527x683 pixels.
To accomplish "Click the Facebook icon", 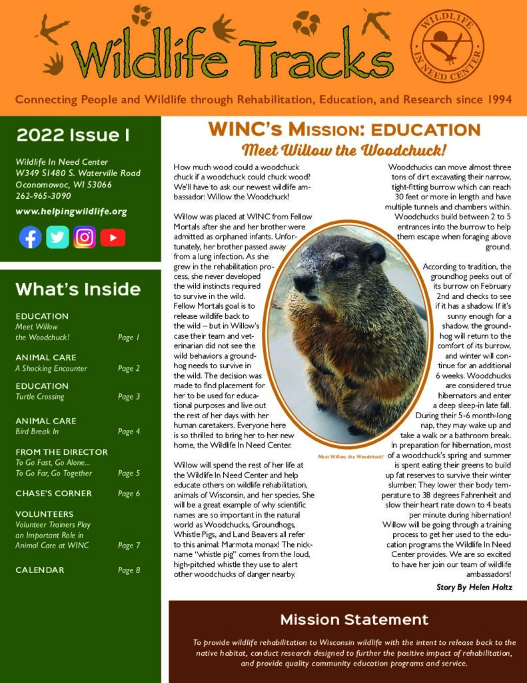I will (30, 237).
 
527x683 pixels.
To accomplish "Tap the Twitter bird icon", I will (57, 237).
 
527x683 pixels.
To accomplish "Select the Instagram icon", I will (85, 237).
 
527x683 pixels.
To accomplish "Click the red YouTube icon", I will (113, 237).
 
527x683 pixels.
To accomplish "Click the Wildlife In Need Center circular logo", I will (447, 45).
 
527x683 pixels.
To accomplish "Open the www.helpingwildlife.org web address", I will (71, 211).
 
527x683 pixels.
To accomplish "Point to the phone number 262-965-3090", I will (43, 195).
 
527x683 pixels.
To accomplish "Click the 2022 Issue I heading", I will (73, 135).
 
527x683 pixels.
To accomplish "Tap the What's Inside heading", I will (78, 289).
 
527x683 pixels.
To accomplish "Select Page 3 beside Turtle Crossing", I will (129, 397).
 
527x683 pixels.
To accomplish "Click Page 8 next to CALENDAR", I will (129, 570).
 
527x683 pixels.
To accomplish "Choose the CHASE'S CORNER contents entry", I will (53, 494).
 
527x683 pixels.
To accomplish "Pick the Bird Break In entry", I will (37, 432).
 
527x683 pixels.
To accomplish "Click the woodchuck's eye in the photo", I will (340, 264).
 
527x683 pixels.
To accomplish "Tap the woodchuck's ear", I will (376, 253).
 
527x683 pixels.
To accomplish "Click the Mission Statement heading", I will (354, 620).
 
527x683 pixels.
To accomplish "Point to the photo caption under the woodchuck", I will (350, 457).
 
